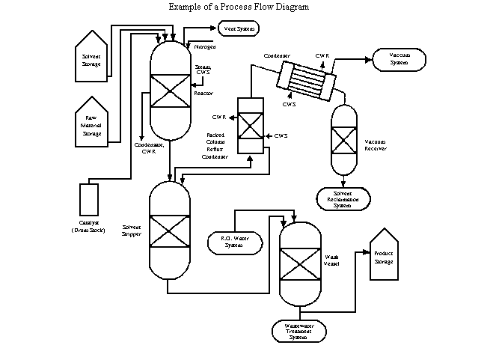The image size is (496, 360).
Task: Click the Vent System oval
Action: tap(238, 28)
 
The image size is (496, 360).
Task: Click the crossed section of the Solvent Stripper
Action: tap(170, 228)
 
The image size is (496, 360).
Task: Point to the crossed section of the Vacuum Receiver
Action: tap(343, 140)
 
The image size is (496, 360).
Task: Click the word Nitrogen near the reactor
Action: tap(205, 46)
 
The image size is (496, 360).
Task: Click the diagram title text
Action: tap(239, 7)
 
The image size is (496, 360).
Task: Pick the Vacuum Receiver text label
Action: tap(375, 144)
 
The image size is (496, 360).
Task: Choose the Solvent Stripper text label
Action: tap(132, 230)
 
